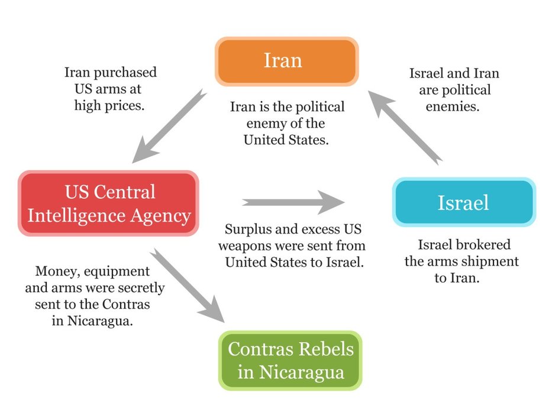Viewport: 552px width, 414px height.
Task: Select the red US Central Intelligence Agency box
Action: tap(109, 203)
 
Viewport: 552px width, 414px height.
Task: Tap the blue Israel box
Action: tap(464, 202)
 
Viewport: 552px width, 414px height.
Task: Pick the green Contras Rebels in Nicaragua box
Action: tap(290, 361)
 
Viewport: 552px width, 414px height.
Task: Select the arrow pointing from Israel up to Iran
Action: tap(406, 125)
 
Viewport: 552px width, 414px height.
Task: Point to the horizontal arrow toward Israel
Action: tap(293, 202)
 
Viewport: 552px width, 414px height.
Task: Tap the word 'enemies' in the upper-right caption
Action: tap(453, 108)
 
